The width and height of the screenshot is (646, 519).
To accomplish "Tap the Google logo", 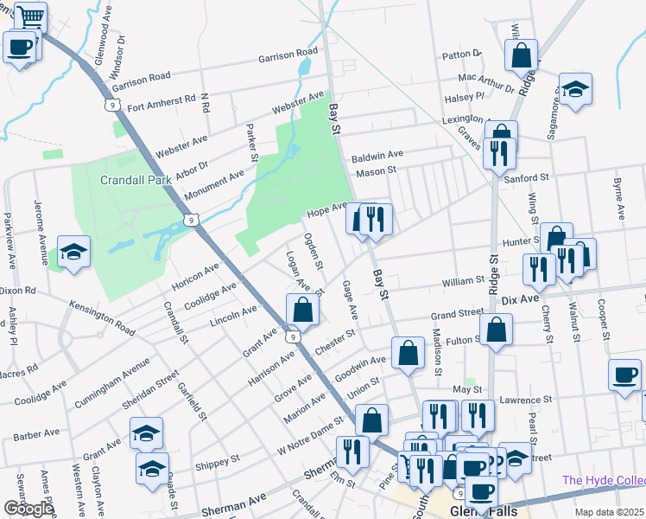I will [x=28, y=509].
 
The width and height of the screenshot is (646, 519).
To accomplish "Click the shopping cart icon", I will [x=30, y=17].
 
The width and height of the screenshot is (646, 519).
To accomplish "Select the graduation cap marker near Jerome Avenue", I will [x=73, y=252].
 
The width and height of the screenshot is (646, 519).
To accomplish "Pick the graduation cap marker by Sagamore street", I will [x=574, y=89].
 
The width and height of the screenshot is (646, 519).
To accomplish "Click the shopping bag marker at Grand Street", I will [x=497, y=329].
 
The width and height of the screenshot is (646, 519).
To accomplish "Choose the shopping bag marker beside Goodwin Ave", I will [x=407, y=352].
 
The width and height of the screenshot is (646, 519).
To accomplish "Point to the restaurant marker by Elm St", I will [x=352, y=451].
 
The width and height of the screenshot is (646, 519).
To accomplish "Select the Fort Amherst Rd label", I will [x=161, y=103].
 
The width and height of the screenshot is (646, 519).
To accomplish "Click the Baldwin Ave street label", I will [x=377, y=157].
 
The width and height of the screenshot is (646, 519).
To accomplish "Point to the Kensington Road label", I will [x=103, y=318].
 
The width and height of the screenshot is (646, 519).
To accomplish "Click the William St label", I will [x=464, y=280].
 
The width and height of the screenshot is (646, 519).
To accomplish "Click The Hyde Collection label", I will [x=604, y=480].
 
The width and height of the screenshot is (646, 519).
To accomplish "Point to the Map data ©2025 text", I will [x=609, y=512].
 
